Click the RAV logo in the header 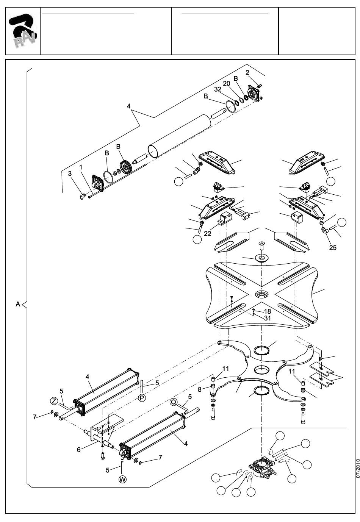[x=23, y=31]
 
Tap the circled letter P [x=142, y=397]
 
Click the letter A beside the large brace [x=18, y=304]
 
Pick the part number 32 [x=218, y=89]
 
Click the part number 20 [x=226, y=83]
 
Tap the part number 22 [x=208, y=233]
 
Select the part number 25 [x=333, y=248]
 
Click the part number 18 [x=268, y=311]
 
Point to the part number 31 [x=268, y=318]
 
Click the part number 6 [x=78, y=450]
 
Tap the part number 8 [x=200, y=389]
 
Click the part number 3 [x=70, y=173]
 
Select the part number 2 [x=247, y=73]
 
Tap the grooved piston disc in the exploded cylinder [x=126, y=167]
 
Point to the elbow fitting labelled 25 [x=324, y=230]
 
